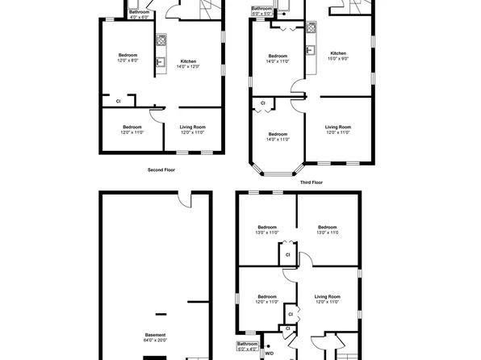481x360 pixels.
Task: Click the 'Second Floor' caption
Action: click(x=161, y=170)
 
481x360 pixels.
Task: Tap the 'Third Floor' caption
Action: click(x=312, y=182)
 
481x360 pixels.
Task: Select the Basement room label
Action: click(x=156, y=335)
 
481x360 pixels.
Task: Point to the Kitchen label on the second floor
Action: click(x=188, y=61)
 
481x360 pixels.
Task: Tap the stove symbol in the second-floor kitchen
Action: click(x=161, y=39)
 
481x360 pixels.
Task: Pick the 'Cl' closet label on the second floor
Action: click(x=118, y=101)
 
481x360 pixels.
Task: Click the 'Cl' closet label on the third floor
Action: click(x=264, y=103)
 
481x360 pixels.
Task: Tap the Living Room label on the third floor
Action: click(x=338, y=127)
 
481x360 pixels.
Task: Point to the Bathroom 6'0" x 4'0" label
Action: click(x=248, y=345)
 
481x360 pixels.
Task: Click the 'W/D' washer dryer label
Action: click(x=270, y=353)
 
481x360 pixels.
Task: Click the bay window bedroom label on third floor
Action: click(x=278, y=134)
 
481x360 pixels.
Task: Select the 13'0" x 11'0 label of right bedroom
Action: click(x=327, y=232)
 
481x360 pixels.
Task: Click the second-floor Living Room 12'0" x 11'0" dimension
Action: click(x=192, y=132)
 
